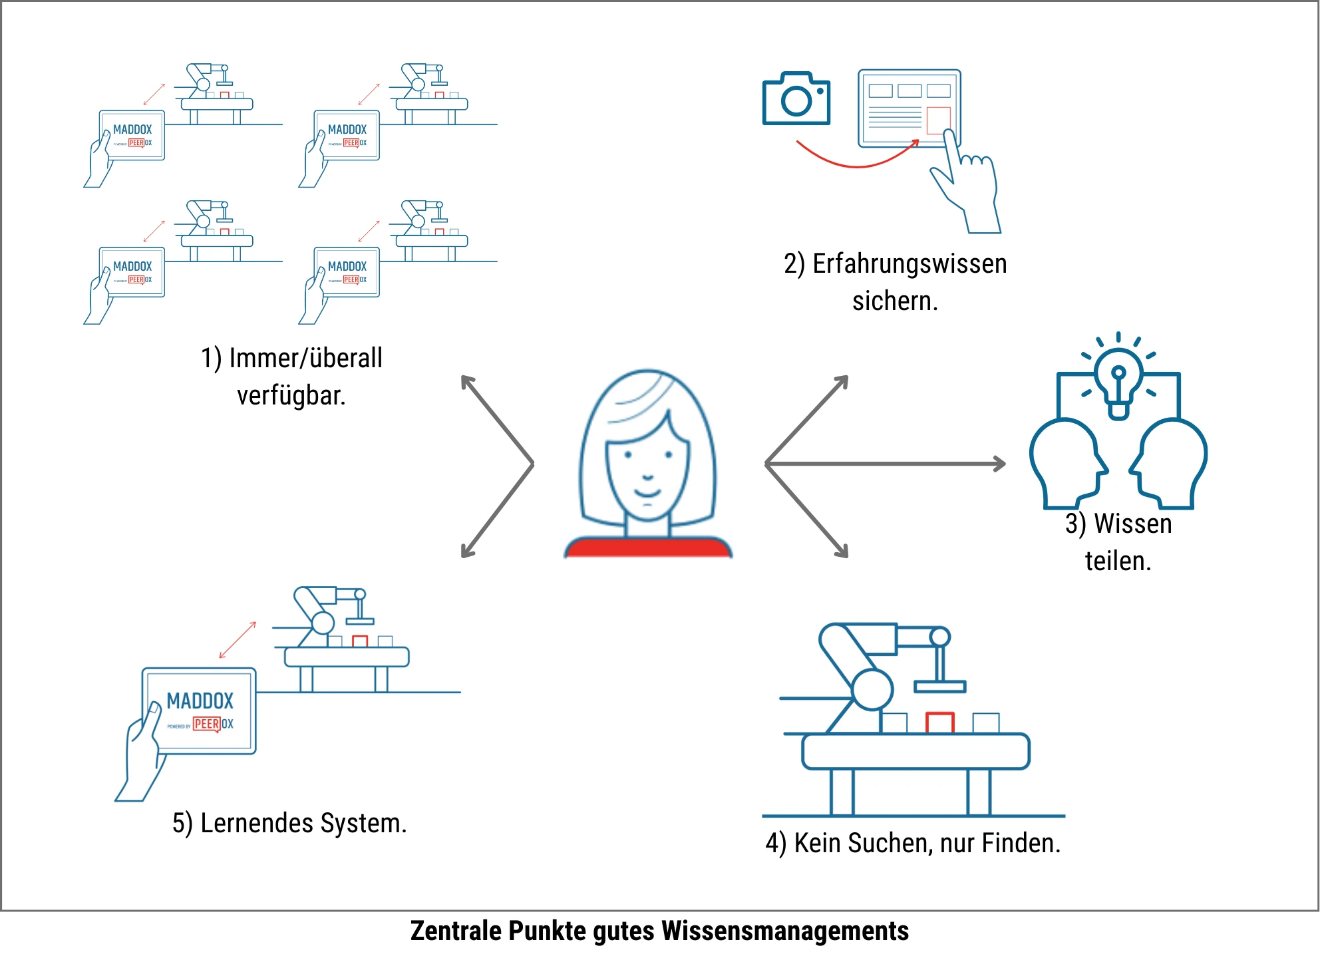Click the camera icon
click(x=796, y=99)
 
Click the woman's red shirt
click(x=647, y=548)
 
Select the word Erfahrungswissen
click(x=909, y=264)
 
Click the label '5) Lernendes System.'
click(x=289, y=824)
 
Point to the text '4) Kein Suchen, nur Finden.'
click(x=913, y=844)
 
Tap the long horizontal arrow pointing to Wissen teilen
click(x=885, y=463)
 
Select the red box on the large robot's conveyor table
click(x=939, y=723)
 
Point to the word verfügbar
click(x=291, y=396)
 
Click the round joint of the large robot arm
click(x=872, y=689)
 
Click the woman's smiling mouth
click(x=647, y=493)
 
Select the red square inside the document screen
click(x=938, y=120)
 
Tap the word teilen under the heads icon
click(x=1118, y=561)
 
